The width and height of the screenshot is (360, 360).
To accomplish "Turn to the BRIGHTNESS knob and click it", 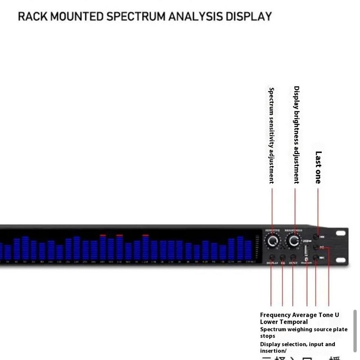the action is pyautogui.click(x=294, y=241).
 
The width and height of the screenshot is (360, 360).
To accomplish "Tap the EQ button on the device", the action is pyautogui.click(x=283, y=257).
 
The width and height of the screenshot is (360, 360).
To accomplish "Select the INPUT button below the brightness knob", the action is pyautogui.click(x=293, y=257).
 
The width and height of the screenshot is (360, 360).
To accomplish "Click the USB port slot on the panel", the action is pyautogui.click(x=306, y=250).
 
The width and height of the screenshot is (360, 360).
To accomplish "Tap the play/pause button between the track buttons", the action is pyautogui.click(x=316, y=247).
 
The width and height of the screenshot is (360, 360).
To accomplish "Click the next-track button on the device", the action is pyautogui.click(x=316, y=258).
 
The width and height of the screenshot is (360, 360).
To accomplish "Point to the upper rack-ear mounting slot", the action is pyautogui.click(x=340, y=233).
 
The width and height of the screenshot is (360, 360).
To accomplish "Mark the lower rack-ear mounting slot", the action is pyautogui.click(x=340, y=260).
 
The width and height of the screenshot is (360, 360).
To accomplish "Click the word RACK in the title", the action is pyautogui.click(x=33, y=16).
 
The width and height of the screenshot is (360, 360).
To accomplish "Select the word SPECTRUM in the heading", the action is pyautogui.click(x=136, y=16).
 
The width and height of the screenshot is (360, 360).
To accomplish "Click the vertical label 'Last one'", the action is pyautogui.click(x=318, y=167).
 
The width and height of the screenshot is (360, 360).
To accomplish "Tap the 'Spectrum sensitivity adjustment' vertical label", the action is pyautogui.click(x=271, y=135).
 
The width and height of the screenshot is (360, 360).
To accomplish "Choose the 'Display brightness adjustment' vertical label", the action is pyautogui.click(x=296, y=135).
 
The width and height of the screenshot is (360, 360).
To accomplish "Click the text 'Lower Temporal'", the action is pyautogui.click(x=284, y=322).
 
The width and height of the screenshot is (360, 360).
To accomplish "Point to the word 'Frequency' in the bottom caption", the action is pyautogui.click(x=275, y=315).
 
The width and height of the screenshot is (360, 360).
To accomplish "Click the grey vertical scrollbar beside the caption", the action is pyautogui.click(x=355, y=331).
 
